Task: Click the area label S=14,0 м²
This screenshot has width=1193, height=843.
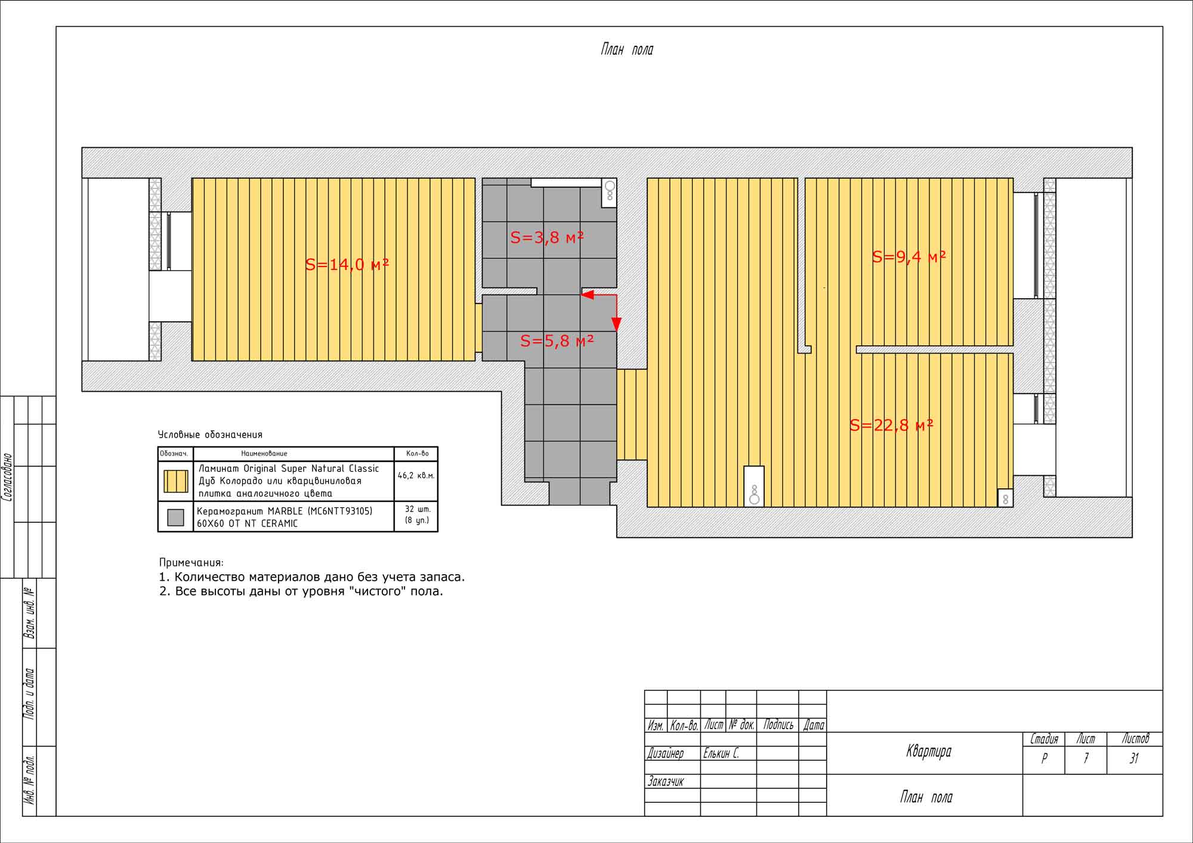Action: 347,264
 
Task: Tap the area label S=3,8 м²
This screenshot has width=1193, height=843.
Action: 547,237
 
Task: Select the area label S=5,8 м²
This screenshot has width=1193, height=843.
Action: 557,341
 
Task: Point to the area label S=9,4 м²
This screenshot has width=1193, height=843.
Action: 909,257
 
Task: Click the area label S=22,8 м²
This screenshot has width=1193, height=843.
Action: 892,425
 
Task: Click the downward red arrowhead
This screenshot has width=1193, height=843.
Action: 616,324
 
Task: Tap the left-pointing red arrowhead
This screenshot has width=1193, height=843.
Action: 588,295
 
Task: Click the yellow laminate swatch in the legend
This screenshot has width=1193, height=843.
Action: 176,481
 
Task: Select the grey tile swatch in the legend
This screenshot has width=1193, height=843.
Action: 175,517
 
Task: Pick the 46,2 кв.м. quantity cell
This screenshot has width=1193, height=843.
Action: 416,476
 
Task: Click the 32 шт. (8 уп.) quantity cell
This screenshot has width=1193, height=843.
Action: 417,515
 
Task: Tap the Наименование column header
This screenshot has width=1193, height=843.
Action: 264,454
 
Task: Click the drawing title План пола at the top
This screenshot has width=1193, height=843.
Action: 627,49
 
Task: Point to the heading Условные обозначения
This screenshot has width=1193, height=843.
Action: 210,435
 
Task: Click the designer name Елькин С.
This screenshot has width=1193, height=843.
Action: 721,754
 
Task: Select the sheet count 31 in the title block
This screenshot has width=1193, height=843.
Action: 1134,758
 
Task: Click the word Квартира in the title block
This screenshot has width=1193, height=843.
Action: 929,752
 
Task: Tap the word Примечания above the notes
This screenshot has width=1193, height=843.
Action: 191,562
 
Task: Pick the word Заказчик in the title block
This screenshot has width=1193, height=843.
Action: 666,782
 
